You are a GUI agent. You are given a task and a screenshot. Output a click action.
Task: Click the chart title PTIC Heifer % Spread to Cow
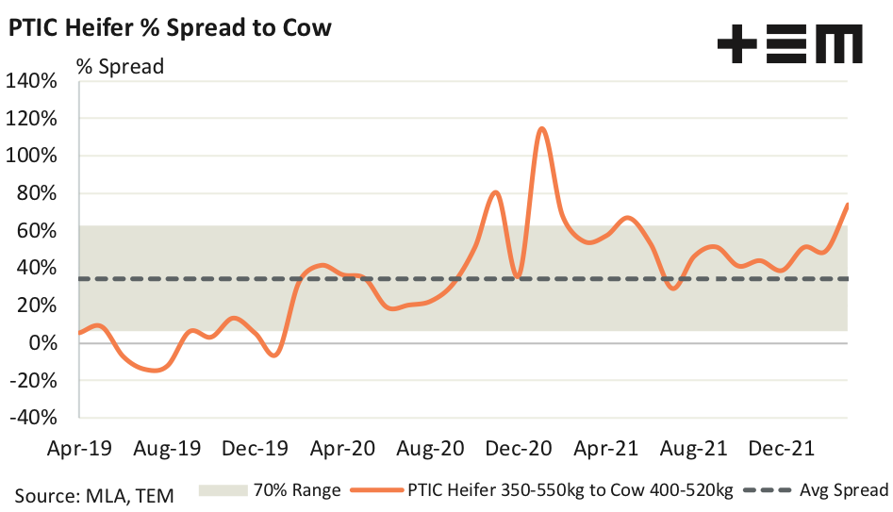pyautogui.click(x=170, y=27)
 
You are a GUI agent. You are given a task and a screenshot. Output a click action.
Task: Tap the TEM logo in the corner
pyautogui.click(x=789, y=45)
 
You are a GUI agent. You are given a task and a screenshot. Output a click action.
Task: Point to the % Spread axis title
pyautogui.click(x=120, y=67)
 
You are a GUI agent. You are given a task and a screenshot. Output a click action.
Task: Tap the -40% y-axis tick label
pyautogui.click(x=34, y=418)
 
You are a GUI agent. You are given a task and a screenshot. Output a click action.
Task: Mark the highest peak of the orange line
pyautogui.click(x=542, y=128)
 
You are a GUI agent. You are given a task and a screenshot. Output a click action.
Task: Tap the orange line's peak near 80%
pyautogui.click(x=496, y=192)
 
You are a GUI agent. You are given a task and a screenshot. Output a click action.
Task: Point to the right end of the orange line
pyautogui.click(x=848, y=204)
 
